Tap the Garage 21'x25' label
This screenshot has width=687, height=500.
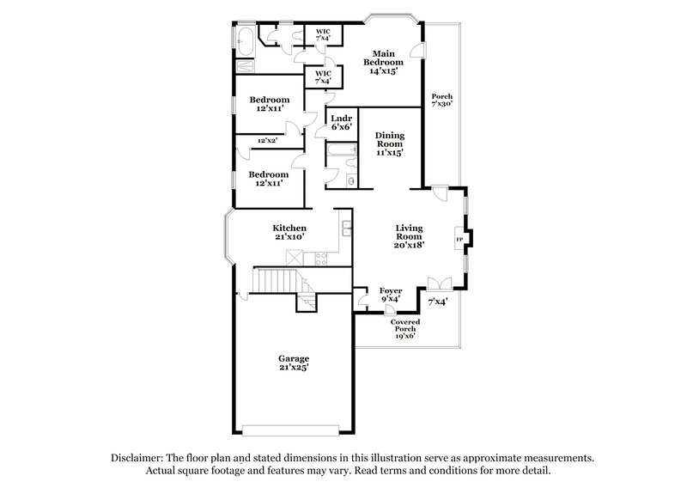293,363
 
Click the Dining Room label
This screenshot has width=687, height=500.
389,143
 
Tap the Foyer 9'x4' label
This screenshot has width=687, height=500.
392,296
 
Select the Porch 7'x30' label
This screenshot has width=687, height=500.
441,100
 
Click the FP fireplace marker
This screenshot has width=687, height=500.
459,239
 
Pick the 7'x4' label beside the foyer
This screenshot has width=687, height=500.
438,302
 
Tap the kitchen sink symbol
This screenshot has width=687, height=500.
345,229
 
